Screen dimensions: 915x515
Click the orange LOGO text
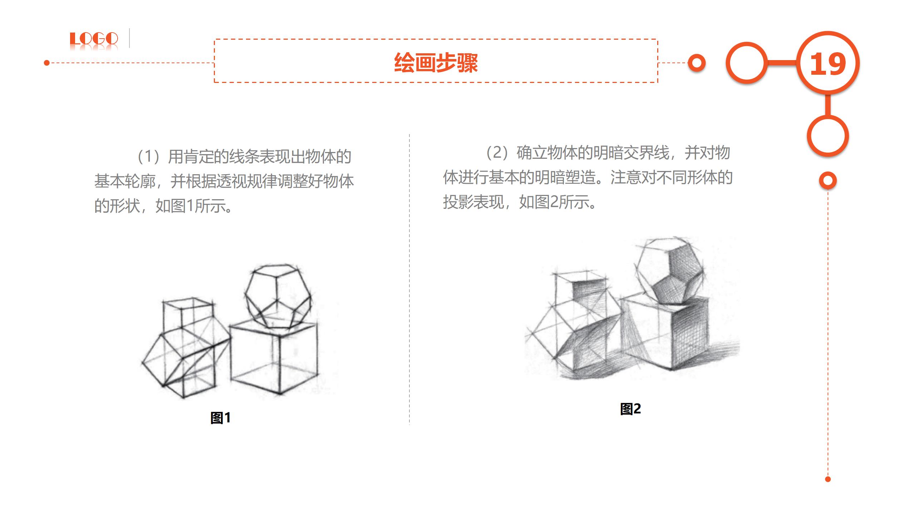tap(94, 39)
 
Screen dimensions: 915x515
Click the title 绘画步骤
tap(436, 63)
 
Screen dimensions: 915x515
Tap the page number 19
tap(828, 64)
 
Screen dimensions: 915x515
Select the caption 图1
tap(220, 418)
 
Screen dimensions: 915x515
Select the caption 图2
tap(630, 409)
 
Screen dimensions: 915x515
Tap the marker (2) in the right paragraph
tap(497, 153)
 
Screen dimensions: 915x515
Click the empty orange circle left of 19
tap(747, 63)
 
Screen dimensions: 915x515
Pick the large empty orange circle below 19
tap(828, 136)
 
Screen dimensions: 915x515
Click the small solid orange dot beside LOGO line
tap(46, 63)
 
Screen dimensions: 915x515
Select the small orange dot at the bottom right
tap(828, 479)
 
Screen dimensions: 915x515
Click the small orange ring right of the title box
tap(697, 63)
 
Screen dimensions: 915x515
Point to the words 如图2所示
tap(558, 202)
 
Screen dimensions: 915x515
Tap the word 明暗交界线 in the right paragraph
tap(631, 153)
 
